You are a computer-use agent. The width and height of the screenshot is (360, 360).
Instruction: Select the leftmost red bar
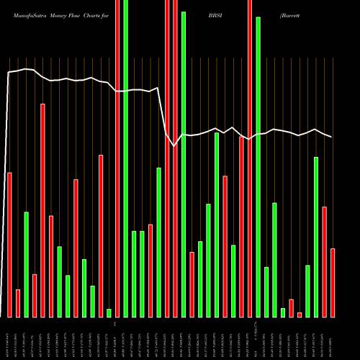click(9, 245)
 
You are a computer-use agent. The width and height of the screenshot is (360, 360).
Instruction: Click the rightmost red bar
click(333, 282)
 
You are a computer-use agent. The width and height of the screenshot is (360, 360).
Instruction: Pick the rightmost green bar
click(316, 237)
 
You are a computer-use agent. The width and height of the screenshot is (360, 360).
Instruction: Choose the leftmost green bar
click(26, 264)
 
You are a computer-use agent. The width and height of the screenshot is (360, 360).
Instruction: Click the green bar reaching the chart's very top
click(126, 158)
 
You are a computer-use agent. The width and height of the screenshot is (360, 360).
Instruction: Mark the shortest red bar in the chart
click(300, 315)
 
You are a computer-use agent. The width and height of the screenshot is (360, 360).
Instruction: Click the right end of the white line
click(332, 137)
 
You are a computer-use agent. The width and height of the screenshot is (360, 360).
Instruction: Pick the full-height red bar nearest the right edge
click(250, 158)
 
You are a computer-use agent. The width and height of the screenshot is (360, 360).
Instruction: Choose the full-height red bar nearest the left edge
click(117, 158)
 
